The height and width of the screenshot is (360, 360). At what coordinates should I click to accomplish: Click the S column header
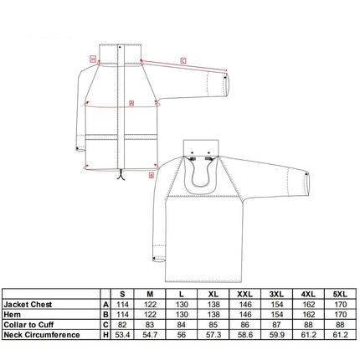tap(122, 294)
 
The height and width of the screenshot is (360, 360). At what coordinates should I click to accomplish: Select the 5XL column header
tap(340, 294)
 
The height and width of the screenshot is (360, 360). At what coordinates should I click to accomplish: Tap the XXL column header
tap(244, 294)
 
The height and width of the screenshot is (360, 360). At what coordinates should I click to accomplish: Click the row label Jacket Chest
tap(28, 304)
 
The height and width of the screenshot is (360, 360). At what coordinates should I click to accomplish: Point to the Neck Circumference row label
tap(42, 335)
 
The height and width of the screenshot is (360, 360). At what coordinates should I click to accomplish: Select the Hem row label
tap(13, 315)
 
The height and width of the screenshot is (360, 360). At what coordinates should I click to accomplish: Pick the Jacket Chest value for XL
tap(213, 304)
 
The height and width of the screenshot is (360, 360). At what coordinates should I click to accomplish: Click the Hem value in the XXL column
tap(245, 315)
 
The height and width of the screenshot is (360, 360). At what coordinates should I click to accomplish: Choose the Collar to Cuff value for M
tap(150, 325)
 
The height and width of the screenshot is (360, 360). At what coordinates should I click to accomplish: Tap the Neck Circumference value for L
tap(182, 335)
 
